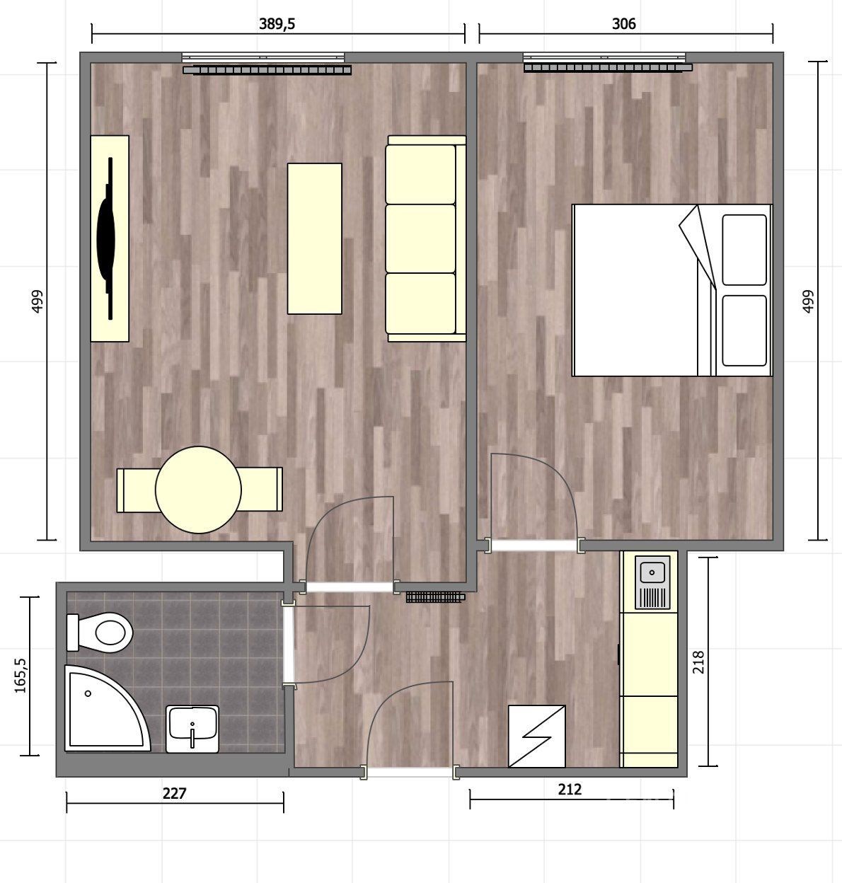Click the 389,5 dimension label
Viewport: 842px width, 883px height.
277,24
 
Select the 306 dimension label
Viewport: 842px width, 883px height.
623,24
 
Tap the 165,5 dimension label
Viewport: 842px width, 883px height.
21,676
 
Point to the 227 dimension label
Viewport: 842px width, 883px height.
174,794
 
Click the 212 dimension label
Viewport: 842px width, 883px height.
570,789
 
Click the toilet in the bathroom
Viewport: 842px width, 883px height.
99,633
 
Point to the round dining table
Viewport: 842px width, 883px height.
198,490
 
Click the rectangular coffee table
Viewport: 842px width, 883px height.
315,238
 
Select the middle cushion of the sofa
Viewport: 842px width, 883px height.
420,238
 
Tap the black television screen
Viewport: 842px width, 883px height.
106,238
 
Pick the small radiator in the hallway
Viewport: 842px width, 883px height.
435,596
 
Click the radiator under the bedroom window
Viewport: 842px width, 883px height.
608,68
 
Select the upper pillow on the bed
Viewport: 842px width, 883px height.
744,250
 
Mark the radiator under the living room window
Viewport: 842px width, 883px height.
267,70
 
